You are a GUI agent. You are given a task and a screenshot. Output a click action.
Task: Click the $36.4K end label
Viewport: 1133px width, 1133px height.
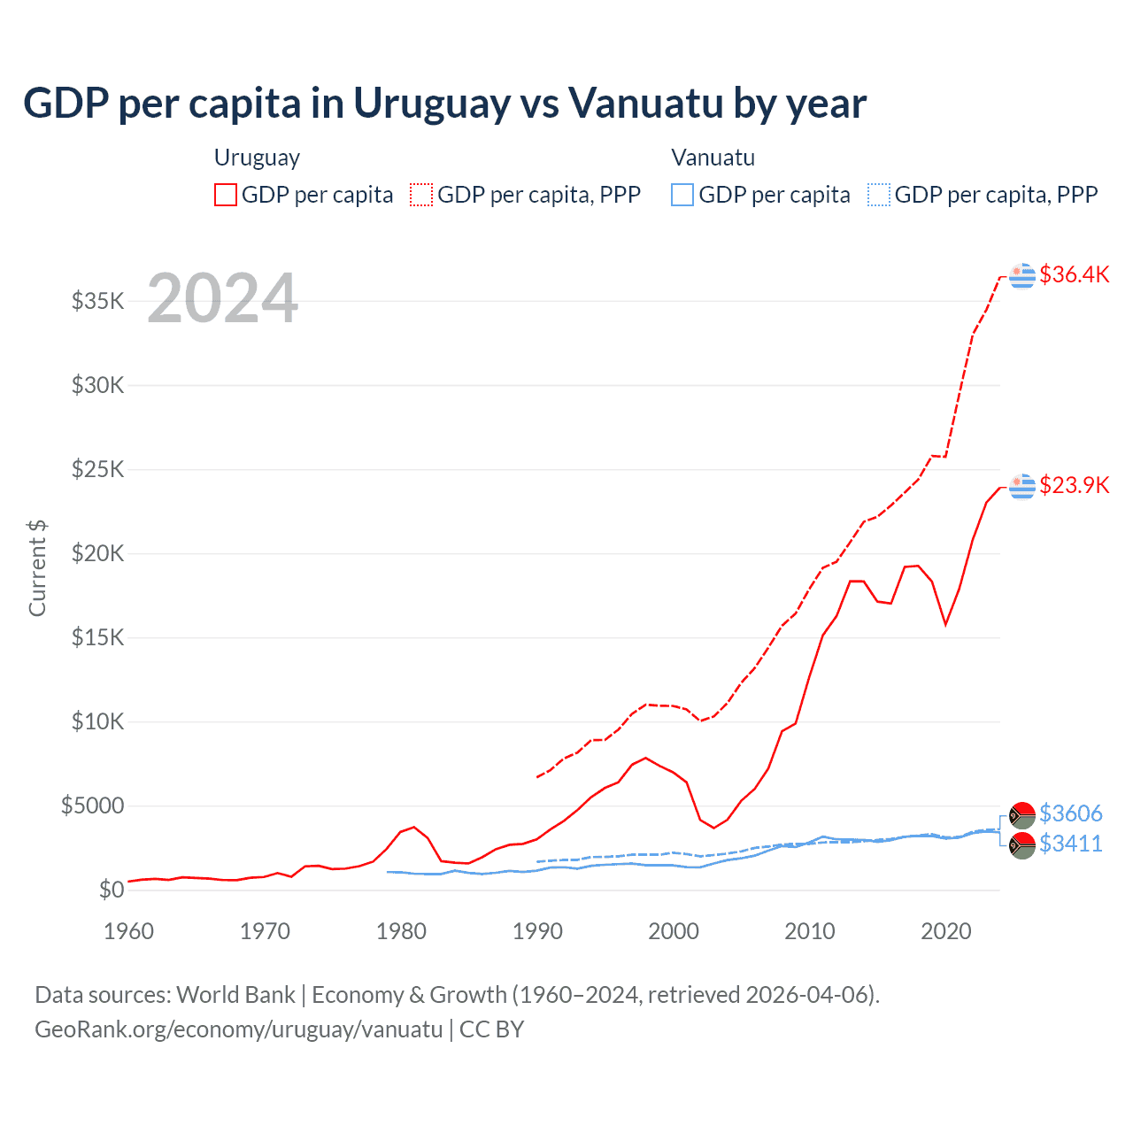point(1074,274)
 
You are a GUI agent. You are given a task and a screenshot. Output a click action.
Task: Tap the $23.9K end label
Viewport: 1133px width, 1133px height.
point(1074,485)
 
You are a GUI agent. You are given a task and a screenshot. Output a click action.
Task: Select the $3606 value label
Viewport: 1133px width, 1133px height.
point(1070,813)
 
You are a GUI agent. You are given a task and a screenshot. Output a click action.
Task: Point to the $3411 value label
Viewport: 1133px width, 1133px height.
point(1070,844)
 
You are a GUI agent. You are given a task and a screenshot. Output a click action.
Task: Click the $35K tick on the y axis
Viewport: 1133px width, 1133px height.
point(98,301)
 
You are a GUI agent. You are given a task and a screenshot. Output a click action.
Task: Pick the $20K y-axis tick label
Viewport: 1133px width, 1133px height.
point(98,554)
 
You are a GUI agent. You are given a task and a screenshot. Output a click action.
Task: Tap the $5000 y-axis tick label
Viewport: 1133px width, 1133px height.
point(93,806)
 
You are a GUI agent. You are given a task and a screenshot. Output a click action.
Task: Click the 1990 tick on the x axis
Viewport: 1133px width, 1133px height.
point(537,931)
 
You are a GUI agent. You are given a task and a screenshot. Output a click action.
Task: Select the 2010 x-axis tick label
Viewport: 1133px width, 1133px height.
point(810,931)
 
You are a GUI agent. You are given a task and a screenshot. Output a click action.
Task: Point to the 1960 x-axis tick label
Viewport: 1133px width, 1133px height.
point(129,931)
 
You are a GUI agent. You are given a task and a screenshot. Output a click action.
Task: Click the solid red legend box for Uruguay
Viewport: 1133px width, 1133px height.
point(226,195)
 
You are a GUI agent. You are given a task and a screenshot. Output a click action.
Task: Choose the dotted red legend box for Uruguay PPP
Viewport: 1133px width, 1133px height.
point(421,195)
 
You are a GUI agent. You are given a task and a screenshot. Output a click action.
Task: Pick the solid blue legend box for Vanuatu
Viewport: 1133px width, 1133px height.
point(682,195)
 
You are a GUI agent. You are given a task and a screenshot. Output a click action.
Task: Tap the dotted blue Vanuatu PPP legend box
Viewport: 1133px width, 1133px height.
point(879,195)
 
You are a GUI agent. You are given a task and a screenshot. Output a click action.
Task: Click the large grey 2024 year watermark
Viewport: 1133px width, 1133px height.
point(222,298)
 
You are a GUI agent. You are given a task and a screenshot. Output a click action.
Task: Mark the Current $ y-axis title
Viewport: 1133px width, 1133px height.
point(37,568)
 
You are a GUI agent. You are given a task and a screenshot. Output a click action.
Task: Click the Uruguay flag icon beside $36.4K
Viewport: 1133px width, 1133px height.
point(1022,276)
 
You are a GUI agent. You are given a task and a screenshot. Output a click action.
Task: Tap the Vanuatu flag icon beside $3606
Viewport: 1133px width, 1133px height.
point(1022,815)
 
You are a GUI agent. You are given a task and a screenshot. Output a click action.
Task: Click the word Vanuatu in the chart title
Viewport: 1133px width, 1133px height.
point(645,104)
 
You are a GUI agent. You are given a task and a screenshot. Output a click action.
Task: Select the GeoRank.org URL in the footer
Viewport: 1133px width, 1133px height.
point(238,1029)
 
